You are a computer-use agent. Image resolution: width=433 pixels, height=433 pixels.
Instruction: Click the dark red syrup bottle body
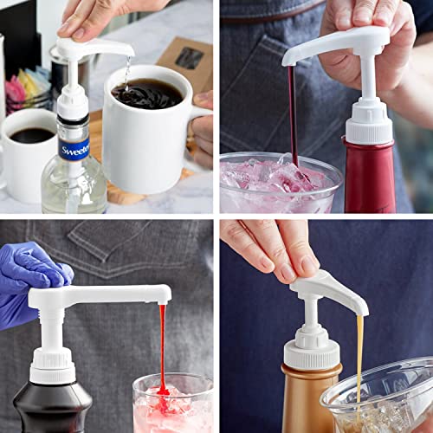(370, 178)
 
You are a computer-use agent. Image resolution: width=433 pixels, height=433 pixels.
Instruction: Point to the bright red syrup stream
(162, 346)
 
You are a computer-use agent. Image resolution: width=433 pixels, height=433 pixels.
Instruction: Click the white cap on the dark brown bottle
(53, 364)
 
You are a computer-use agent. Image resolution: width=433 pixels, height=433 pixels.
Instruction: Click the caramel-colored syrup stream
(359, 355)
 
